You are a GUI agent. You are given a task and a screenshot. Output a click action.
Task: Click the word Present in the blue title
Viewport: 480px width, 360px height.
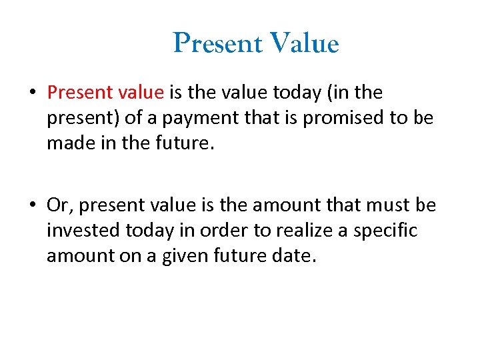tap(217, 44)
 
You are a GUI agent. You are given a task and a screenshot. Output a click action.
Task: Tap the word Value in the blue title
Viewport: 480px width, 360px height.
tap(304, 44)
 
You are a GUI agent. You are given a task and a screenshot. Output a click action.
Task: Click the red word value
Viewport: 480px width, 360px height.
tap(139, 92)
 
